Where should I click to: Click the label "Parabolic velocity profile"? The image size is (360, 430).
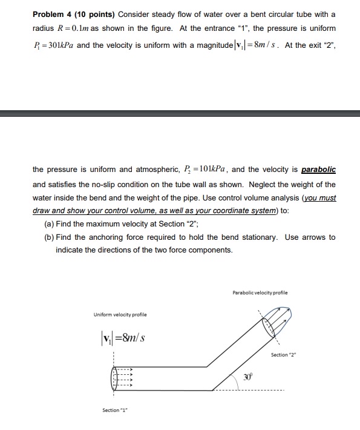pos(260,293)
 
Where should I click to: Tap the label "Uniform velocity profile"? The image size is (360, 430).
pos(119,314)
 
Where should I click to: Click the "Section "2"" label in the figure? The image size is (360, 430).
pos(301,354)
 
